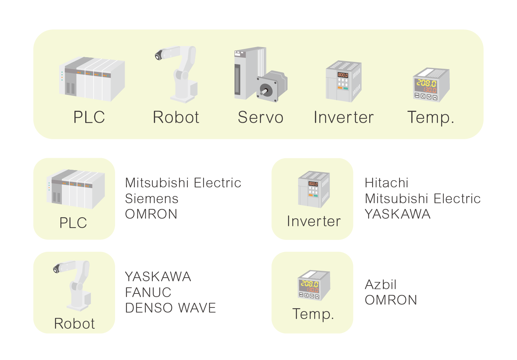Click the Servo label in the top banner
[261, 117]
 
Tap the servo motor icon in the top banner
[261, 74]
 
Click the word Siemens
[152, 199]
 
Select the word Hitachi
[386, 183]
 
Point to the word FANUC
[148, 292]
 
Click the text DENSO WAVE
[170, 308]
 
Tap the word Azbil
[381, 284]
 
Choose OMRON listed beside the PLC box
[151, 214]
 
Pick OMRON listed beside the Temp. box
[391, 300]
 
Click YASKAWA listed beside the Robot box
[158, 277]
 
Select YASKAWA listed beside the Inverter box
[398, 214]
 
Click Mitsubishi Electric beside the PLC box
[183, 183]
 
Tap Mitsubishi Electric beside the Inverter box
[422, 199]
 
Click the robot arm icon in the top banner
[177, 74]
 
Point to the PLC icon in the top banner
[92, 79]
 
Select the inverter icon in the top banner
[344, 81]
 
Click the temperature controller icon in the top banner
[431, 85]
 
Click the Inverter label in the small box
[314, 221]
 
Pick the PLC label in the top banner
[89, 117]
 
